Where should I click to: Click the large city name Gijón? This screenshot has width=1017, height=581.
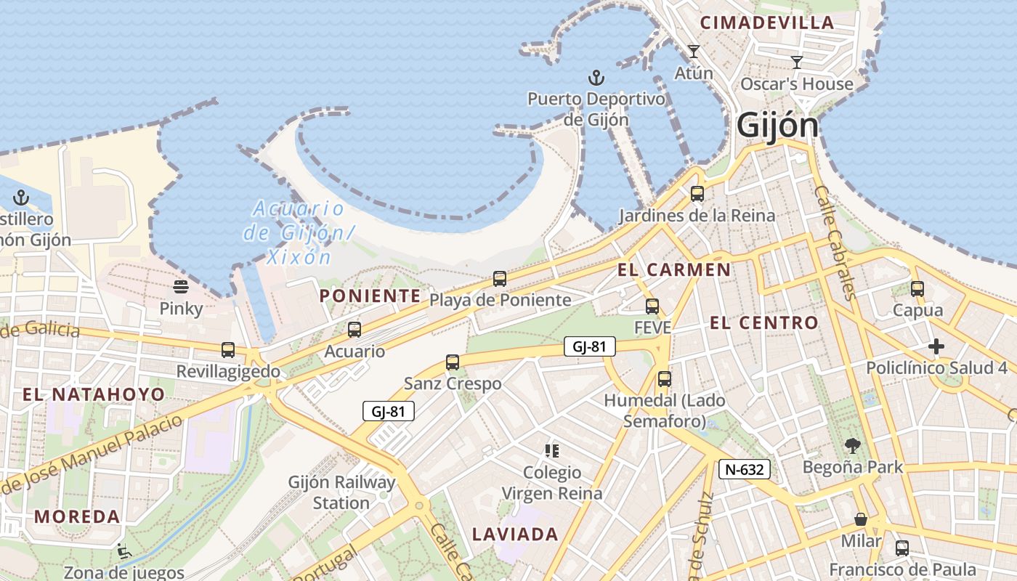(x=777, y=126)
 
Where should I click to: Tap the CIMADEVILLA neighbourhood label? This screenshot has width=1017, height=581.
(x=767, y=23)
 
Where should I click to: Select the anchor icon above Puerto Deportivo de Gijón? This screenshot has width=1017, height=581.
(x=596, y=77)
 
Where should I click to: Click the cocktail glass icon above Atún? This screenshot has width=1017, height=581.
(x=694, y=52)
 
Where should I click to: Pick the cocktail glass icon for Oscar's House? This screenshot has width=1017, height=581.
(x=797, y=62)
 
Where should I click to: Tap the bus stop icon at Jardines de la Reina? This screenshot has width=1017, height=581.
(x=697, y=194)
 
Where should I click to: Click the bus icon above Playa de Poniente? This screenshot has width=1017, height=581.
(x=500, y=278)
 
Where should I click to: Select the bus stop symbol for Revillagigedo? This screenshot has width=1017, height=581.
(x=228, y=350)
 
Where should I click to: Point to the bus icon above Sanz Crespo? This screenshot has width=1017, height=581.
(x=453, y=362)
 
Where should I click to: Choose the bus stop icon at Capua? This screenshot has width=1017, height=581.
(x=917, y=289)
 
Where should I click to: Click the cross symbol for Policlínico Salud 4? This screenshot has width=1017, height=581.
(x=936, y=346)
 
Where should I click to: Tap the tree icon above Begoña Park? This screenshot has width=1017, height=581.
(x=853, y=446)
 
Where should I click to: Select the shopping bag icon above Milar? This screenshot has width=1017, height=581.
(x=861, y=519)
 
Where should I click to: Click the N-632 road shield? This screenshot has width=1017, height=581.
(x=745, y=469)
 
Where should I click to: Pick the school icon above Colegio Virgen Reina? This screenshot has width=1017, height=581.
(x=552, y=451)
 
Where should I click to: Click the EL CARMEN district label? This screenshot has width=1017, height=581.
(x=674, y=270)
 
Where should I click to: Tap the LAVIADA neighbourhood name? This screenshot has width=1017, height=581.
(x=515, y=535)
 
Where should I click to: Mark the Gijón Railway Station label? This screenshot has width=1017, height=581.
(x=341, y=492)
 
